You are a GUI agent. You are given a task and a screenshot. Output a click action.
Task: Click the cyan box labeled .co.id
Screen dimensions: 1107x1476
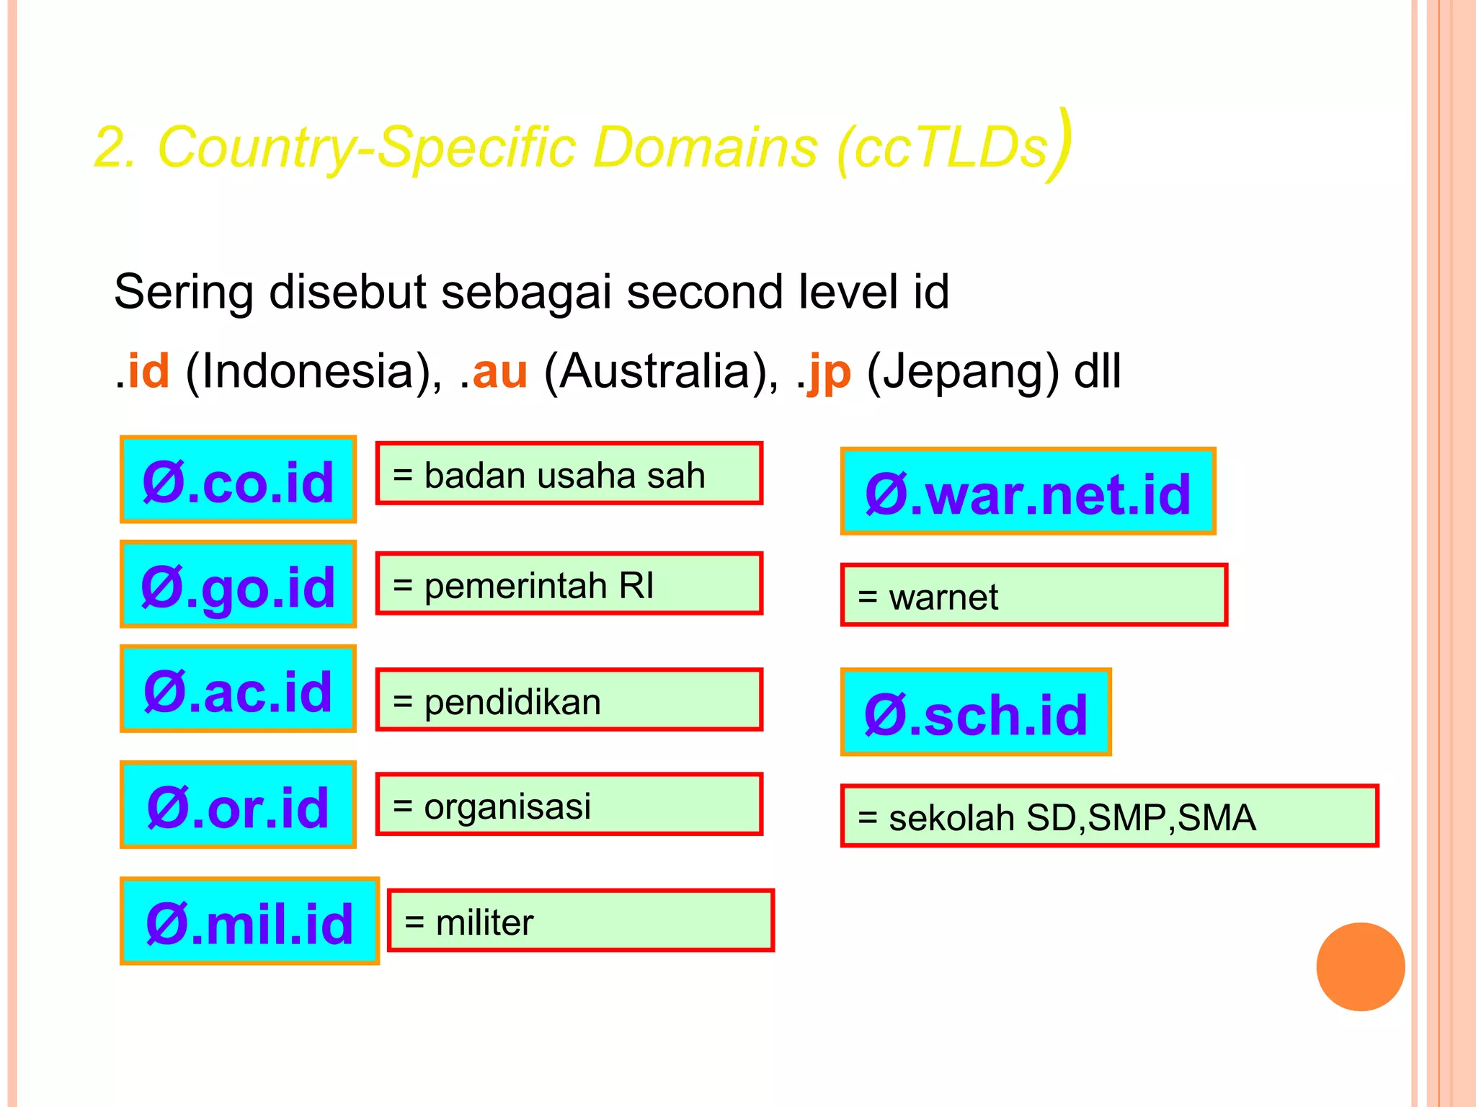pos(238,479)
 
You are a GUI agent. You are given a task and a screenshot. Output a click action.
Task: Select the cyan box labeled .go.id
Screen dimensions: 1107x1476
pos(238,584)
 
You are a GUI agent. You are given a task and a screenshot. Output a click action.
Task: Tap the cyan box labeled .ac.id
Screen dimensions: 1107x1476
pos(238,689)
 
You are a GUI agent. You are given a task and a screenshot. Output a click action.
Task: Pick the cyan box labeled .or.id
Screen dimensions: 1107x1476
pos(238,805)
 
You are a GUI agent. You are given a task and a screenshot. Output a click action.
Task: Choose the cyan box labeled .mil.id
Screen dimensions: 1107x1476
pos(249,921)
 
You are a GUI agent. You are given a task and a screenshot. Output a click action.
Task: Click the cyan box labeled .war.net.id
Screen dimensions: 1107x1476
pos(1028,492)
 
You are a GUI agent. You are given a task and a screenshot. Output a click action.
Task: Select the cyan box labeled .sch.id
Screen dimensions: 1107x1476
pos(976,712)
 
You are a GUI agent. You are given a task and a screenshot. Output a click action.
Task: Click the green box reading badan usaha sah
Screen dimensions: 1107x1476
pos(569,474)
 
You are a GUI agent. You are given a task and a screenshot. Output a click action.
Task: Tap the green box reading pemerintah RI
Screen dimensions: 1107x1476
pos(569,584)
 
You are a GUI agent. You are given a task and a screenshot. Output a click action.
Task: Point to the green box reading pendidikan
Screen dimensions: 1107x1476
pos(569,700)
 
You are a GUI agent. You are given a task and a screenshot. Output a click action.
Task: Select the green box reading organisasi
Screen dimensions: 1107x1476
pos(569,804)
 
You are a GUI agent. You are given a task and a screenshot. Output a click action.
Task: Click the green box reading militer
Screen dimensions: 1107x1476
pos(580,920)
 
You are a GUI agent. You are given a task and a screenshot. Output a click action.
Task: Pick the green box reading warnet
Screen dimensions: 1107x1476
pos(1033,595)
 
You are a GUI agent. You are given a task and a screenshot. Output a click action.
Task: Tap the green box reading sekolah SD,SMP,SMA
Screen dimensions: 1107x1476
pos(1109,816)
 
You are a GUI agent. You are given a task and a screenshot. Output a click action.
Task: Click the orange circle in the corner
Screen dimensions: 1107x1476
pos(1360,966)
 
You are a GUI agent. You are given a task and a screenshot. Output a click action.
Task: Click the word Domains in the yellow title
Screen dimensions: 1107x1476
pos(705,147)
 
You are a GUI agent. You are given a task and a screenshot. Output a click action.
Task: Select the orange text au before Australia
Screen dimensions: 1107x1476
pos(499,372)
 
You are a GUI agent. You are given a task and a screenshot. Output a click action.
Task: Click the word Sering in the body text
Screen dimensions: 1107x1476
pos(184,293)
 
